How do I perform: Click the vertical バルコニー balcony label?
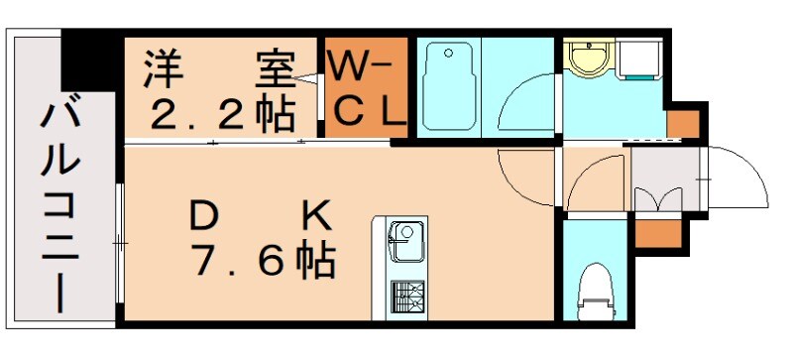[x=59, y=208]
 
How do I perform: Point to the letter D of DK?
[x=204, y=215]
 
